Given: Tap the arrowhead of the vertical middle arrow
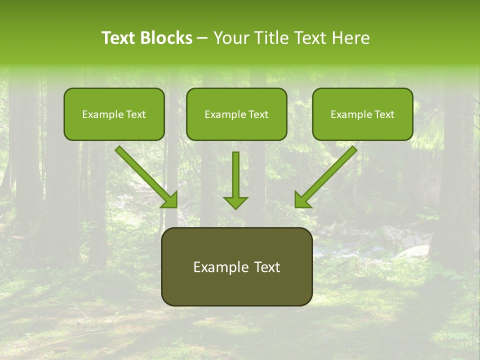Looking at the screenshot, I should pos(235,202).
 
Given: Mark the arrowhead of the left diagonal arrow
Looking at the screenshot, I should pos(170,200).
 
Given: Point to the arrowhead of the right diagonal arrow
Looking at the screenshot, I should pos(302,200).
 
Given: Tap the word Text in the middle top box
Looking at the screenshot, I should pos(258,114).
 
